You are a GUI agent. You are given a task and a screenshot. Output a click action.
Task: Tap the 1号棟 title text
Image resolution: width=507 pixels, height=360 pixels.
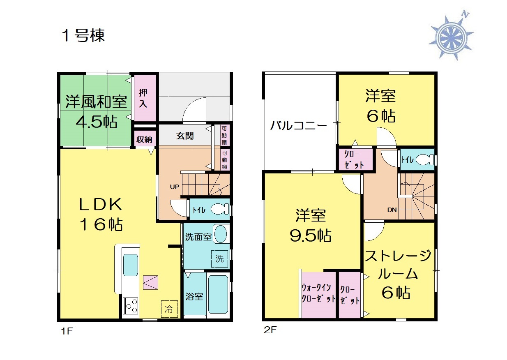(x=83, y=36)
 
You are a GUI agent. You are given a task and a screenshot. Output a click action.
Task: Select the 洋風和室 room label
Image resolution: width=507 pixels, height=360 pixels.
(x=96, y=102)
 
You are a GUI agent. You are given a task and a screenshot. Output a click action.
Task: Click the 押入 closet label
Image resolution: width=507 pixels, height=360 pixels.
(x=143, y=98)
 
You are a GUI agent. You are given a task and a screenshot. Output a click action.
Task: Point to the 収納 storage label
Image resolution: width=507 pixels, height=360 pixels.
(x=144, y=139)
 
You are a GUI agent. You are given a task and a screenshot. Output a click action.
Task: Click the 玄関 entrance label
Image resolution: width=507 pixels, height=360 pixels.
(x=185, y=136)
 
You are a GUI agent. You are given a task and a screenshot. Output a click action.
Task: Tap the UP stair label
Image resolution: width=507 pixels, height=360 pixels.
(x=175, y=187)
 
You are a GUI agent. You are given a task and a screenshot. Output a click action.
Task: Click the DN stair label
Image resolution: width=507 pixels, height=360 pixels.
(x=392, y=210)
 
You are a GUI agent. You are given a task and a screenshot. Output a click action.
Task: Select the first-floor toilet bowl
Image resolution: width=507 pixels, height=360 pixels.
(x=220, y=209)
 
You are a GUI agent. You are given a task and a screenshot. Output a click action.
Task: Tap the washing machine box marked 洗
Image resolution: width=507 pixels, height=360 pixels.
(x=219, y=259)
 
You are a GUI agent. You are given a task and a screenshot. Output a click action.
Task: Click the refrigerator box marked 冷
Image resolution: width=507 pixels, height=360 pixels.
(x=169, y=309)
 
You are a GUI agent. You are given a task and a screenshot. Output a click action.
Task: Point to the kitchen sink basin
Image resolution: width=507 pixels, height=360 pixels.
(x=130, y=265)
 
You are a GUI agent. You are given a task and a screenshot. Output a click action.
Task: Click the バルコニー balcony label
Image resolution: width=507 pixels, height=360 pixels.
(x=299, y=125)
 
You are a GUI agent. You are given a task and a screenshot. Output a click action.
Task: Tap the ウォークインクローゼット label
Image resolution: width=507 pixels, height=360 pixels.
(x=319, y=293)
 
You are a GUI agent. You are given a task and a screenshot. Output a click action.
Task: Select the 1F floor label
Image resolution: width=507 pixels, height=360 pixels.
(x=67, y=331)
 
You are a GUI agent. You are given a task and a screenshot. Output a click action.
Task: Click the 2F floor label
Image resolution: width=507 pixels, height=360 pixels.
(x=270, y=330)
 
